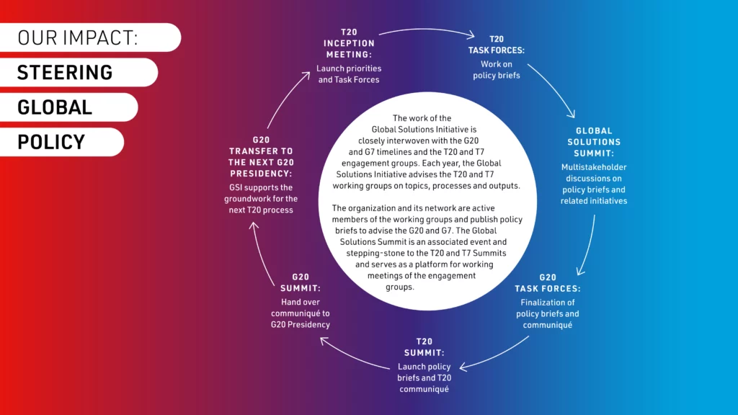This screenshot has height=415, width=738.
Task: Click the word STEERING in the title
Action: (x=65, y=73)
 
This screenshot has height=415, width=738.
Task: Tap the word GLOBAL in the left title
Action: (x=55, y=107)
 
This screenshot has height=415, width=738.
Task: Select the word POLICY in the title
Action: (x=51, y=142)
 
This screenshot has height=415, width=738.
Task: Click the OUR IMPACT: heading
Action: (x=78, y=37)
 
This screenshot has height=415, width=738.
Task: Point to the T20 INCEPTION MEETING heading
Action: (x=349, y=43)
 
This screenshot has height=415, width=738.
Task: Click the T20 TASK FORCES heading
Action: (x=496, y=45)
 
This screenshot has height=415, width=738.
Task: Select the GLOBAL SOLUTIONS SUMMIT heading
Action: (x=594, y=142)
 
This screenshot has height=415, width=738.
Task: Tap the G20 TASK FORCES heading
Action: (x=548, y=283)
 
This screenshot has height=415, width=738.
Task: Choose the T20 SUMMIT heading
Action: (x=424, y=347)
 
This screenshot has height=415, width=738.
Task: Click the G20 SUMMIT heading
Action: (x=301, y=282)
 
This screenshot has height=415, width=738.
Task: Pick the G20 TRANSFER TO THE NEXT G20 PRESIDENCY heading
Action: (x=261, y=156)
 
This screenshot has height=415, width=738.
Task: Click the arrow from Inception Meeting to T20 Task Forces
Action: (x=427, y=30)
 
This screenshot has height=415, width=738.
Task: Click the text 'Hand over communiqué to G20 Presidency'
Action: (x=301, y=313)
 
